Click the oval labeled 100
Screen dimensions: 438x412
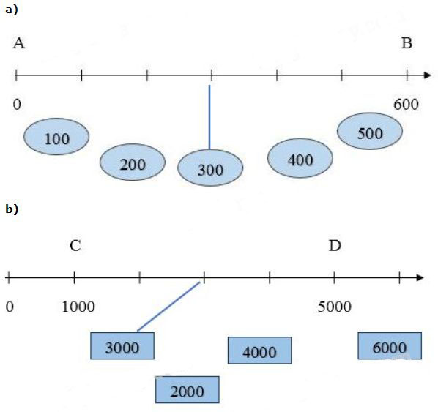(x=56, y=137)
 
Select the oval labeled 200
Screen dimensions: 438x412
(x=133, y=162)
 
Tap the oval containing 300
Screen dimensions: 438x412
(x=210, y=168)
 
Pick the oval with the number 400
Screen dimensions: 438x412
(x=300, y=158)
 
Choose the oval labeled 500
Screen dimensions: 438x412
(x=370, y=131)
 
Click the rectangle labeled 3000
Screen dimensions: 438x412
(x=122, y=345)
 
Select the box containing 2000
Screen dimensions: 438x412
(x=188, y=389)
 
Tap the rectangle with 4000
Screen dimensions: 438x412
(x=260, y=351)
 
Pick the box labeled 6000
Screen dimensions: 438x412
(x=390, y=345)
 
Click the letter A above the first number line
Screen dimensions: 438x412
(x=19, y=44)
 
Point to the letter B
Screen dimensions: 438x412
(x=407, y=44)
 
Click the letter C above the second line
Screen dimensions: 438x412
(x=75, y=246)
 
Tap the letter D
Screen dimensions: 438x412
(x=335, y=246)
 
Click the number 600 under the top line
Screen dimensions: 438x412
(x=407, y=105)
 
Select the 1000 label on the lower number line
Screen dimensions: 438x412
(x=78, y=307)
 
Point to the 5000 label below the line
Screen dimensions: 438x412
(x=335, y=307)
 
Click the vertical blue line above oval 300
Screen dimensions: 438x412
(x=209, y=117)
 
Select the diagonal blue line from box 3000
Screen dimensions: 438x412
(x=168, y=307)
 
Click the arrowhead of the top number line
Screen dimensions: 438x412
(x=428, y=75)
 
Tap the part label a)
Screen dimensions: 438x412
(x=12, y=10)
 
